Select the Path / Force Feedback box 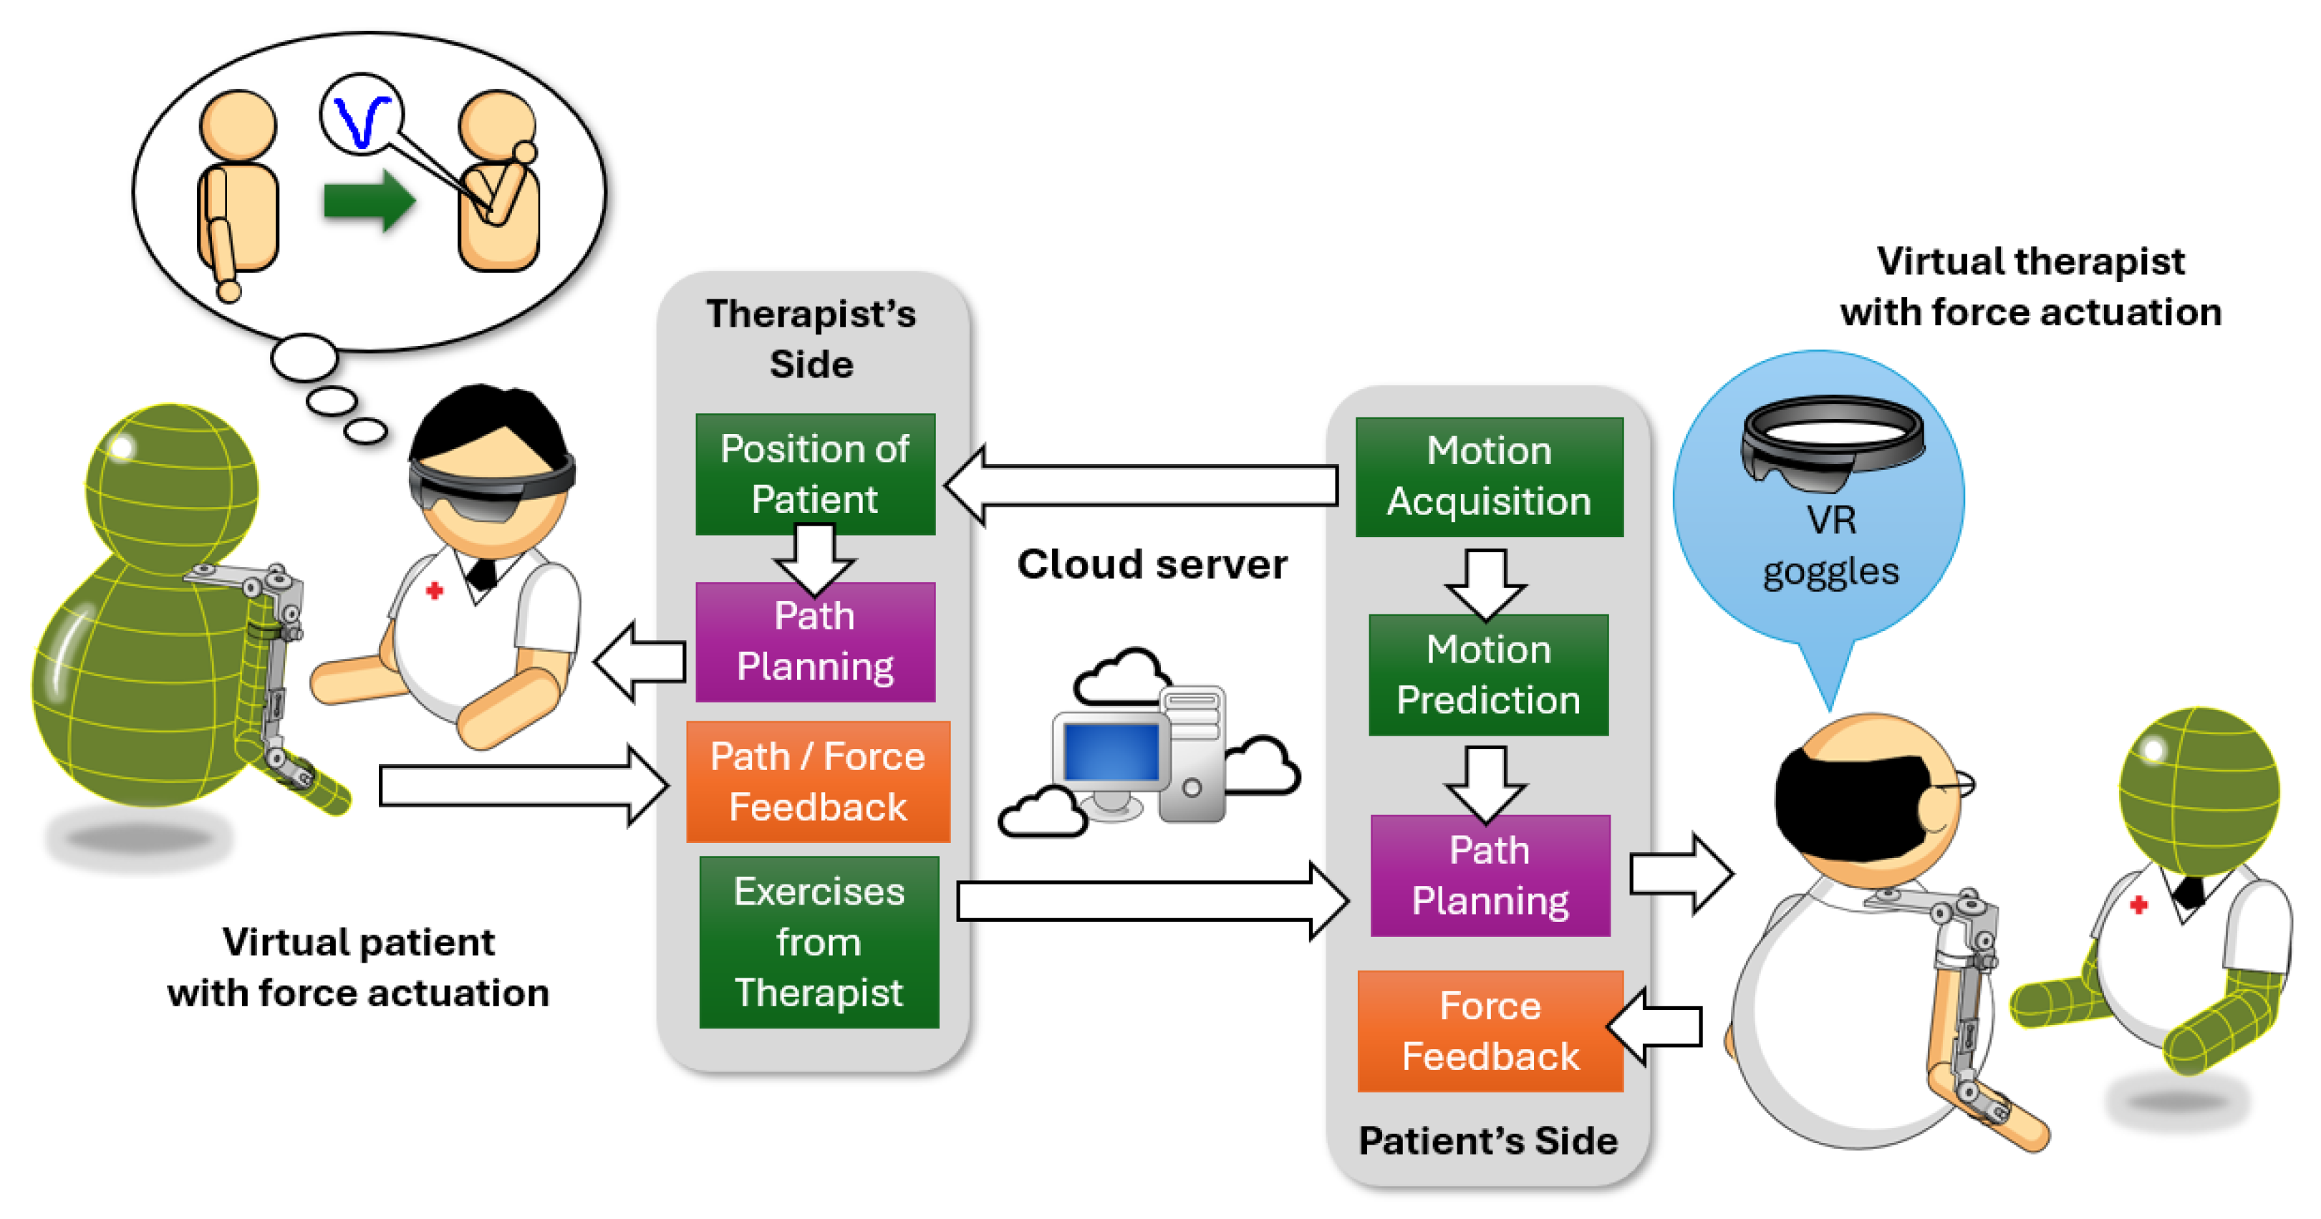point(817,781)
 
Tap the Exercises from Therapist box point(818,942)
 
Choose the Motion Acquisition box point(1488,476)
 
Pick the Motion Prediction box point(1487,675)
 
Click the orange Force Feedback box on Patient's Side point(1490,1031)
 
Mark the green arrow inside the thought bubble point(370,200)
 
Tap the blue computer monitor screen point(1110,752)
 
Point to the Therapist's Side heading point(811,339)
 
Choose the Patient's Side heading point(1487,1141)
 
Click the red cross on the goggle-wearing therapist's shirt point(434,591)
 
